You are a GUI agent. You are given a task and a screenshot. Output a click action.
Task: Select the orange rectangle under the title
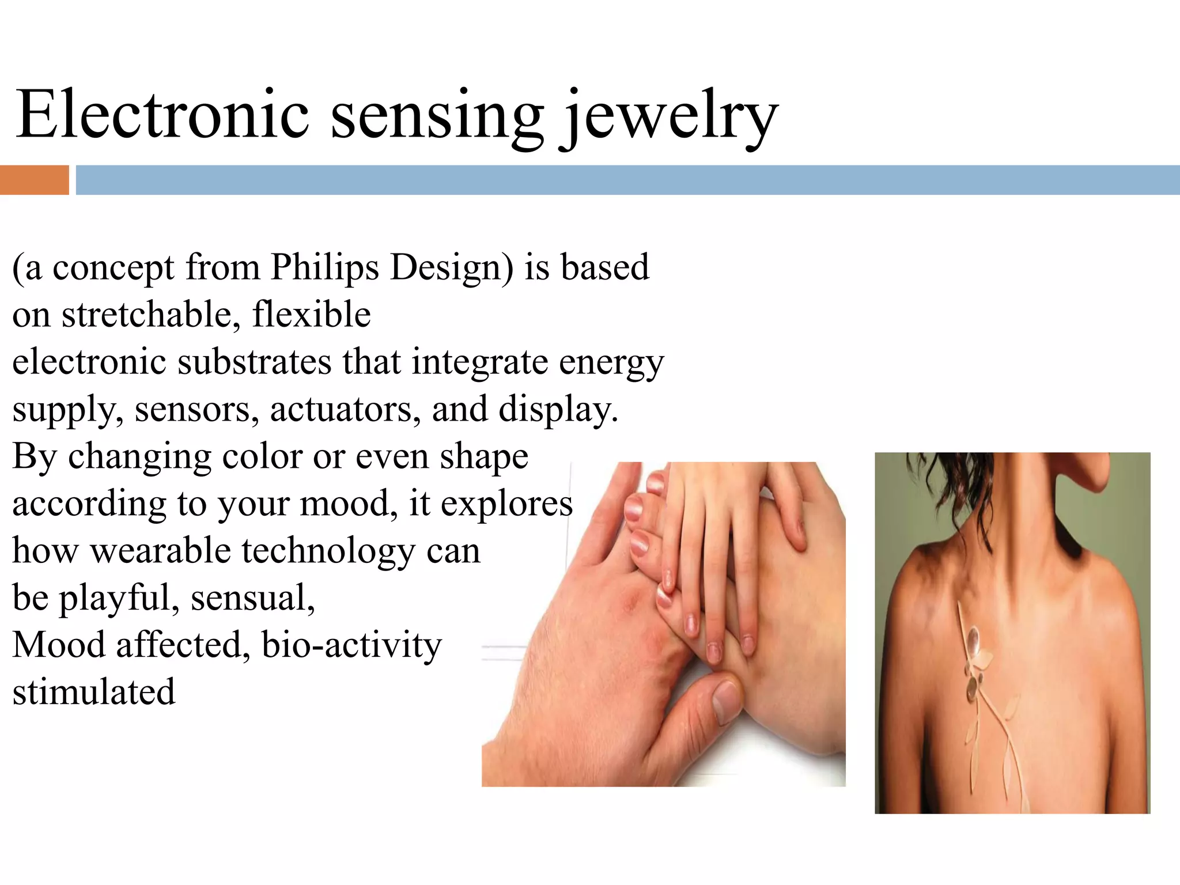[34, 180]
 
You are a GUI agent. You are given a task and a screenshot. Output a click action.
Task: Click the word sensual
[253, 598]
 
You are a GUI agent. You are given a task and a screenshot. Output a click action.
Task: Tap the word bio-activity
[351, 645]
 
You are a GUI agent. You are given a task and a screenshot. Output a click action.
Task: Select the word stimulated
[94, 692]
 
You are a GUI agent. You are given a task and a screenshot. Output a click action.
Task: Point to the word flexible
[311, 315]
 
